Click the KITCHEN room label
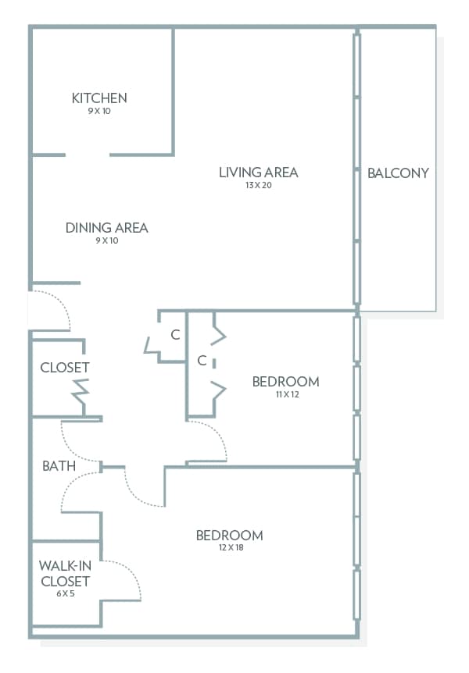(99, 98)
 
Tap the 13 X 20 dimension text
(259, 185)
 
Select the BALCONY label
(398, 173)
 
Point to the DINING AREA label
(107, 228)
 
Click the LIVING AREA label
(259, 173)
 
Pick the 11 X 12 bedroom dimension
(286, 394)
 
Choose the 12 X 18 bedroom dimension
(229, 548)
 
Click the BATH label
(59, 466)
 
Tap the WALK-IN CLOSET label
(64, 574)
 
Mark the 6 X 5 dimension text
(64, 594)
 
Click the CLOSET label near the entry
(65, 367)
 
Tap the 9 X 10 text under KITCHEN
(99, 111)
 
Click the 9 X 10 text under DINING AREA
(107, 240)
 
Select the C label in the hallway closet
(175, 335)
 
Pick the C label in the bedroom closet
(202, 361)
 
